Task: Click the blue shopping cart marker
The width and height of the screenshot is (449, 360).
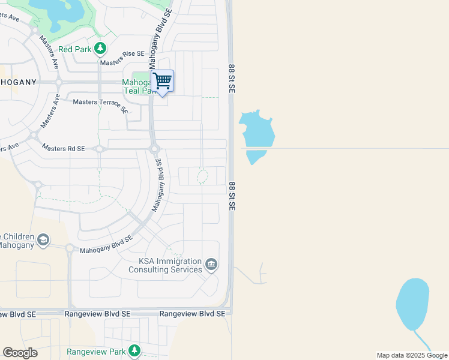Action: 163,82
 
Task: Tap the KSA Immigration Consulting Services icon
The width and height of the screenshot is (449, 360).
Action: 211,264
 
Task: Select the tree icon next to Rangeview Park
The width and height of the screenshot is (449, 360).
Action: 135,350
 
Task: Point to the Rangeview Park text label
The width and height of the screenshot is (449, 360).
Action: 96,351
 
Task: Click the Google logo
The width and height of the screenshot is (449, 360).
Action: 20,353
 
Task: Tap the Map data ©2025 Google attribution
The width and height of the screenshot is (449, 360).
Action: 412,355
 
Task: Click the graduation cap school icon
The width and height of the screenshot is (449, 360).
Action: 43,241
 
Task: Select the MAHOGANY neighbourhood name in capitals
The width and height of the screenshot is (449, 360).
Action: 18,82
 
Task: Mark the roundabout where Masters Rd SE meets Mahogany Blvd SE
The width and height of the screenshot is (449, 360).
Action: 154,149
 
